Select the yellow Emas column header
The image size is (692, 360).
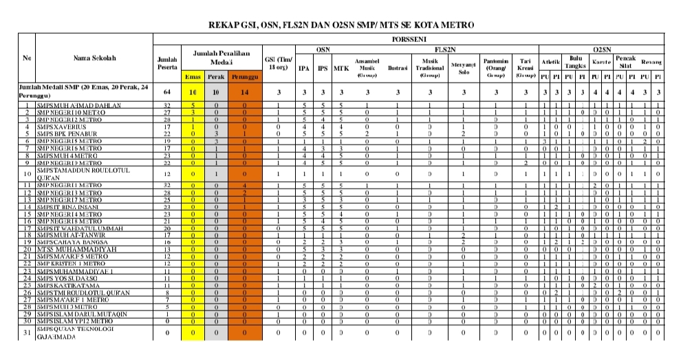pyautogui.click(x=194, y=76)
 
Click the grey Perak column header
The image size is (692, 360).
pyautogui.click(x=217, y=76)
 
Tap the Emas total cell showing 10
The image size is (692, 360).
pyautogui.click(x=194, y=92)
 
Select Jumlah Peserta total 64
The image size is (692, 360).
pyautogui.click(x=167, y=92)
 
